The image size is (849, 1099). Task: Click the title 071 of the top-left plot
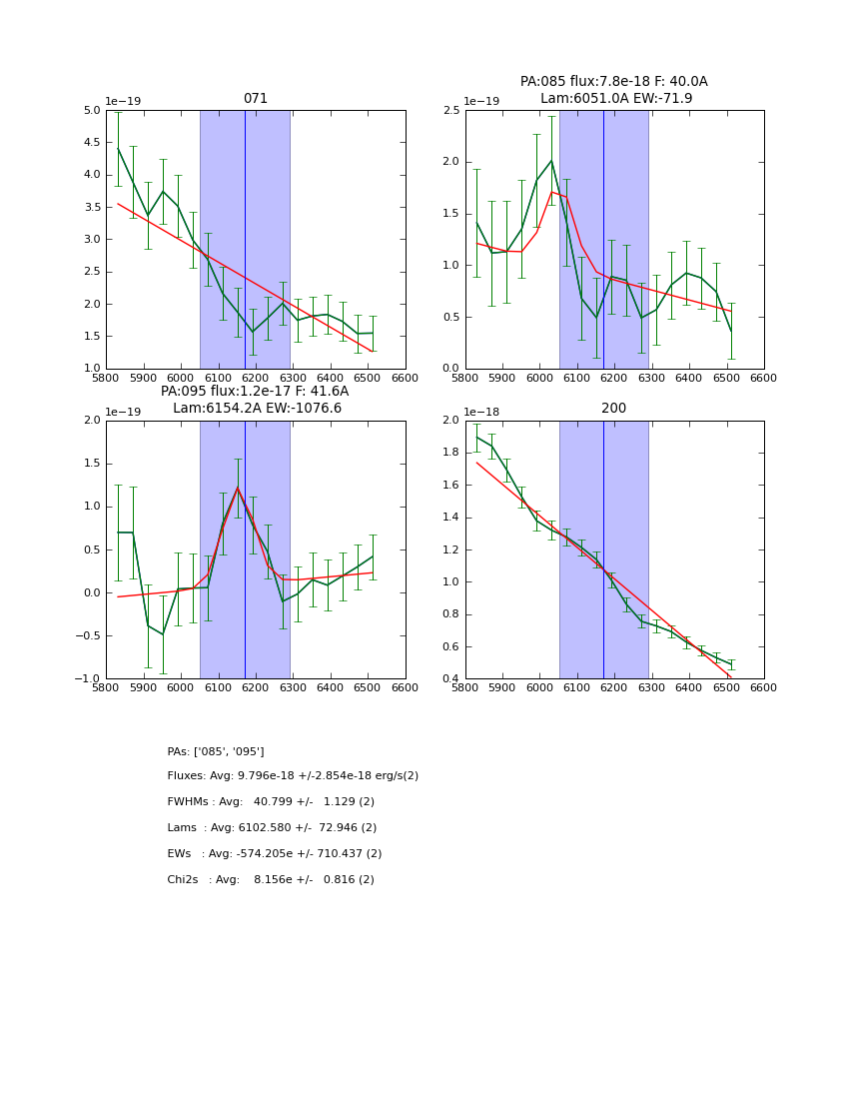pyautogui.click(x=256, y=99)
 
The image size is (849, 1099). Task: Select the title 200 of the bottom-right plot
pyautogui.click(x=614, y=409)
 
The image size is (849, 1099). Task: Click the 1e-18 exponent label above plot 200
pyautogui.click(x=482, y=412)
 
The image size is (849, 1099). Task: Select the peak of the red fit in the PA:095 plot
pyautogui.click(x=238, y=488)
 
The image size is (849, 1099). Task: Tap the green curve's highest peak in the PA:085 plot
pyautogui.click(x=550, y=161)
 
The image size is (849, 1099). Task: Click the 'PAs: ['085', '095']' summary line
pyautogui.click(x=216, y=751)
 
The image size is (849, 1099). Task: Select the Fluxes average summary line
pyautogui.click(x=293, y=776)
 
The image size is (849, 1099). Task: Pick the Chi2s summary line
pyautogui.click(x=271, y=880)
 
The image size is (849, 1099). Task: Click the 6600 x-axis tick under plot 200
pyautogui.click(x=764, y=688)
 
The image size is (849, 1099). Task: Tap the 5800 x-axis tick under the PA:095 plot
pyautogui.click(x=106, y=688)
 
